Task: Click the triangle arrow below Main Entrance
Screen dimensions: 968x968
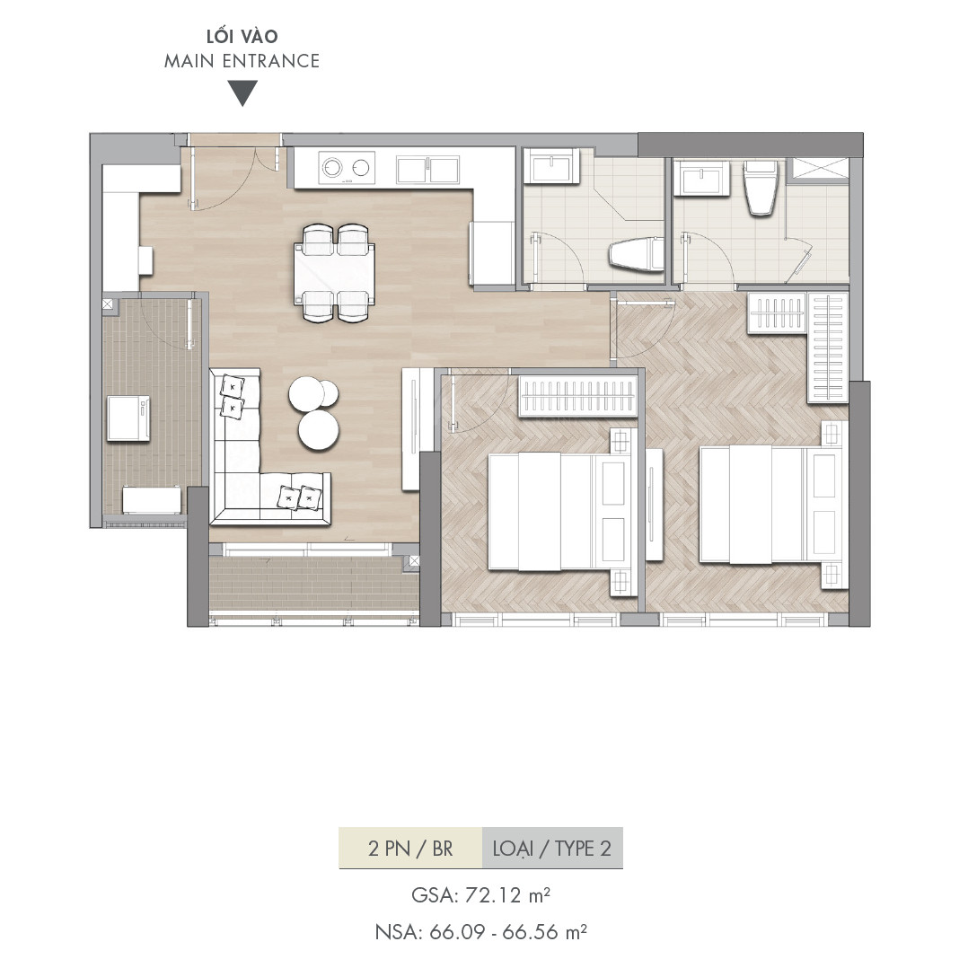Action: point(242,93)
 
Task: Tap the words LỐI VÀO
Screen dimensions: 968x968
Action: point(242,36)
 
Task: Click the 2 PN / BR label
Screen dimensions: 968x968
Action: point(410,849)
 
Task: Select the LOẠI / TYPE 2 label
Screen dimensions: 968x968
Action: point(552,849)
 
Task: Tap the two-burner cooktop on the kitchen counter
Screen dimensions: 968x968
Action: point(347,167)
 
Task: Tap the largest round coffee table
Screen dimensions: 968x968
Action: point(319,430)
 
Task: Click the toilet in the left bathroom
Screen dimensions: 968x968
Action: point(636,254)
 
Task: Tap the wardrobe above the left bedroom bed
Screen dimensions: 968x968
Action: point(577,395)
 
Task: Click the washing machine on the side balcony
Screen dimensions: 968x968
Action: point(128,418)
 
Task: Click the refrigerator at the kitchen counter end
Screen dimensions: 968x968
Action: point(492,254)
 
